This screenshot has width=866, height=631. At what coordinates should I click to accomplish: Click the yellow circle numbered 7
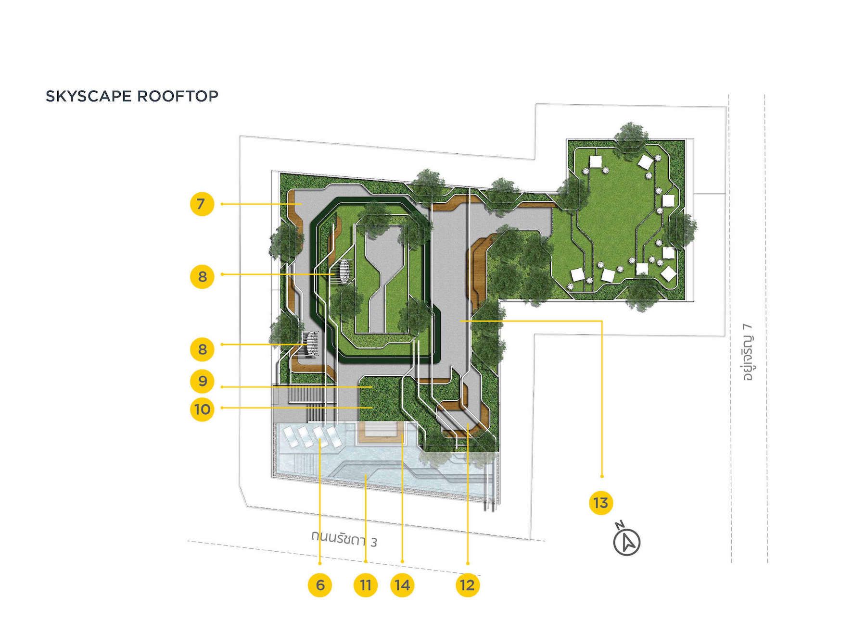point(202,204)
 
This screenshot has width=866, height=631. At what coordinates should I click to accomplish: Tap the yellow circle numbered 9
point(202,381)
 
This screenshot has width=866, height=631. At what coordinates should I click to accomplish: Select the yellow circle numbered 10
point(202,409)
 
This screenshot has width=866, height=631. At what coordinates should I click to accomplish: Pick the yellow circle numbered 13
point(601,503)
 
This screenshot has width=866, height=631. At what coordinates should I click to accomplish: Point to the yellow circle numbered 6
point(320,585)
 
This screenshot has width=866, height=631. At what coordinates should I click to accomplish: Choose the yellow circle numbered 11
point(366,585)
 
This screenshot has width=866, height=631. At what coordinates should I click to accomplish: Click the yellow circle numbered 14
point(402,585)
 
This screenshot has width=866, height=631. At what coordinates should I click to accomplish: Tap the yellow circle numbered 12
point(467,585)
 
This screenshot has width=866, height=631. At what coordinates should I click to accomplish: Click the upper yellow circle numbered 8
point(202,276)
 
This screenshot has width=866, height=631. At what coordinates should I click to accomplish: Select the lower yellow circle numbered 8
point(202,349)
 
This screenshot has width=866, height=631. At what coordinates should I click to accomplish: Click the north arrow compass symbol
point(627,540)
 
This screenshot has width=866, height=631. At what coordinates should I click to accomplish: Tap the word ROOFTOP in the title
point(178,96)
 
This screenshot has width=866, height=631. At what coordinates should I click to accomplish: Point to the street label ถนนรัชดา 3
point(344,539)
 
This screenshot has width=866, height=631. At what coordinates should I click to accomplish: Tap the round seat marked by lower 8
point(311,344)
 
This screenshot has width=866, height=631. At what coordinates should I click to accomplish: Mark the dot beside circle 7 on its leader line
point(222,204)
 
